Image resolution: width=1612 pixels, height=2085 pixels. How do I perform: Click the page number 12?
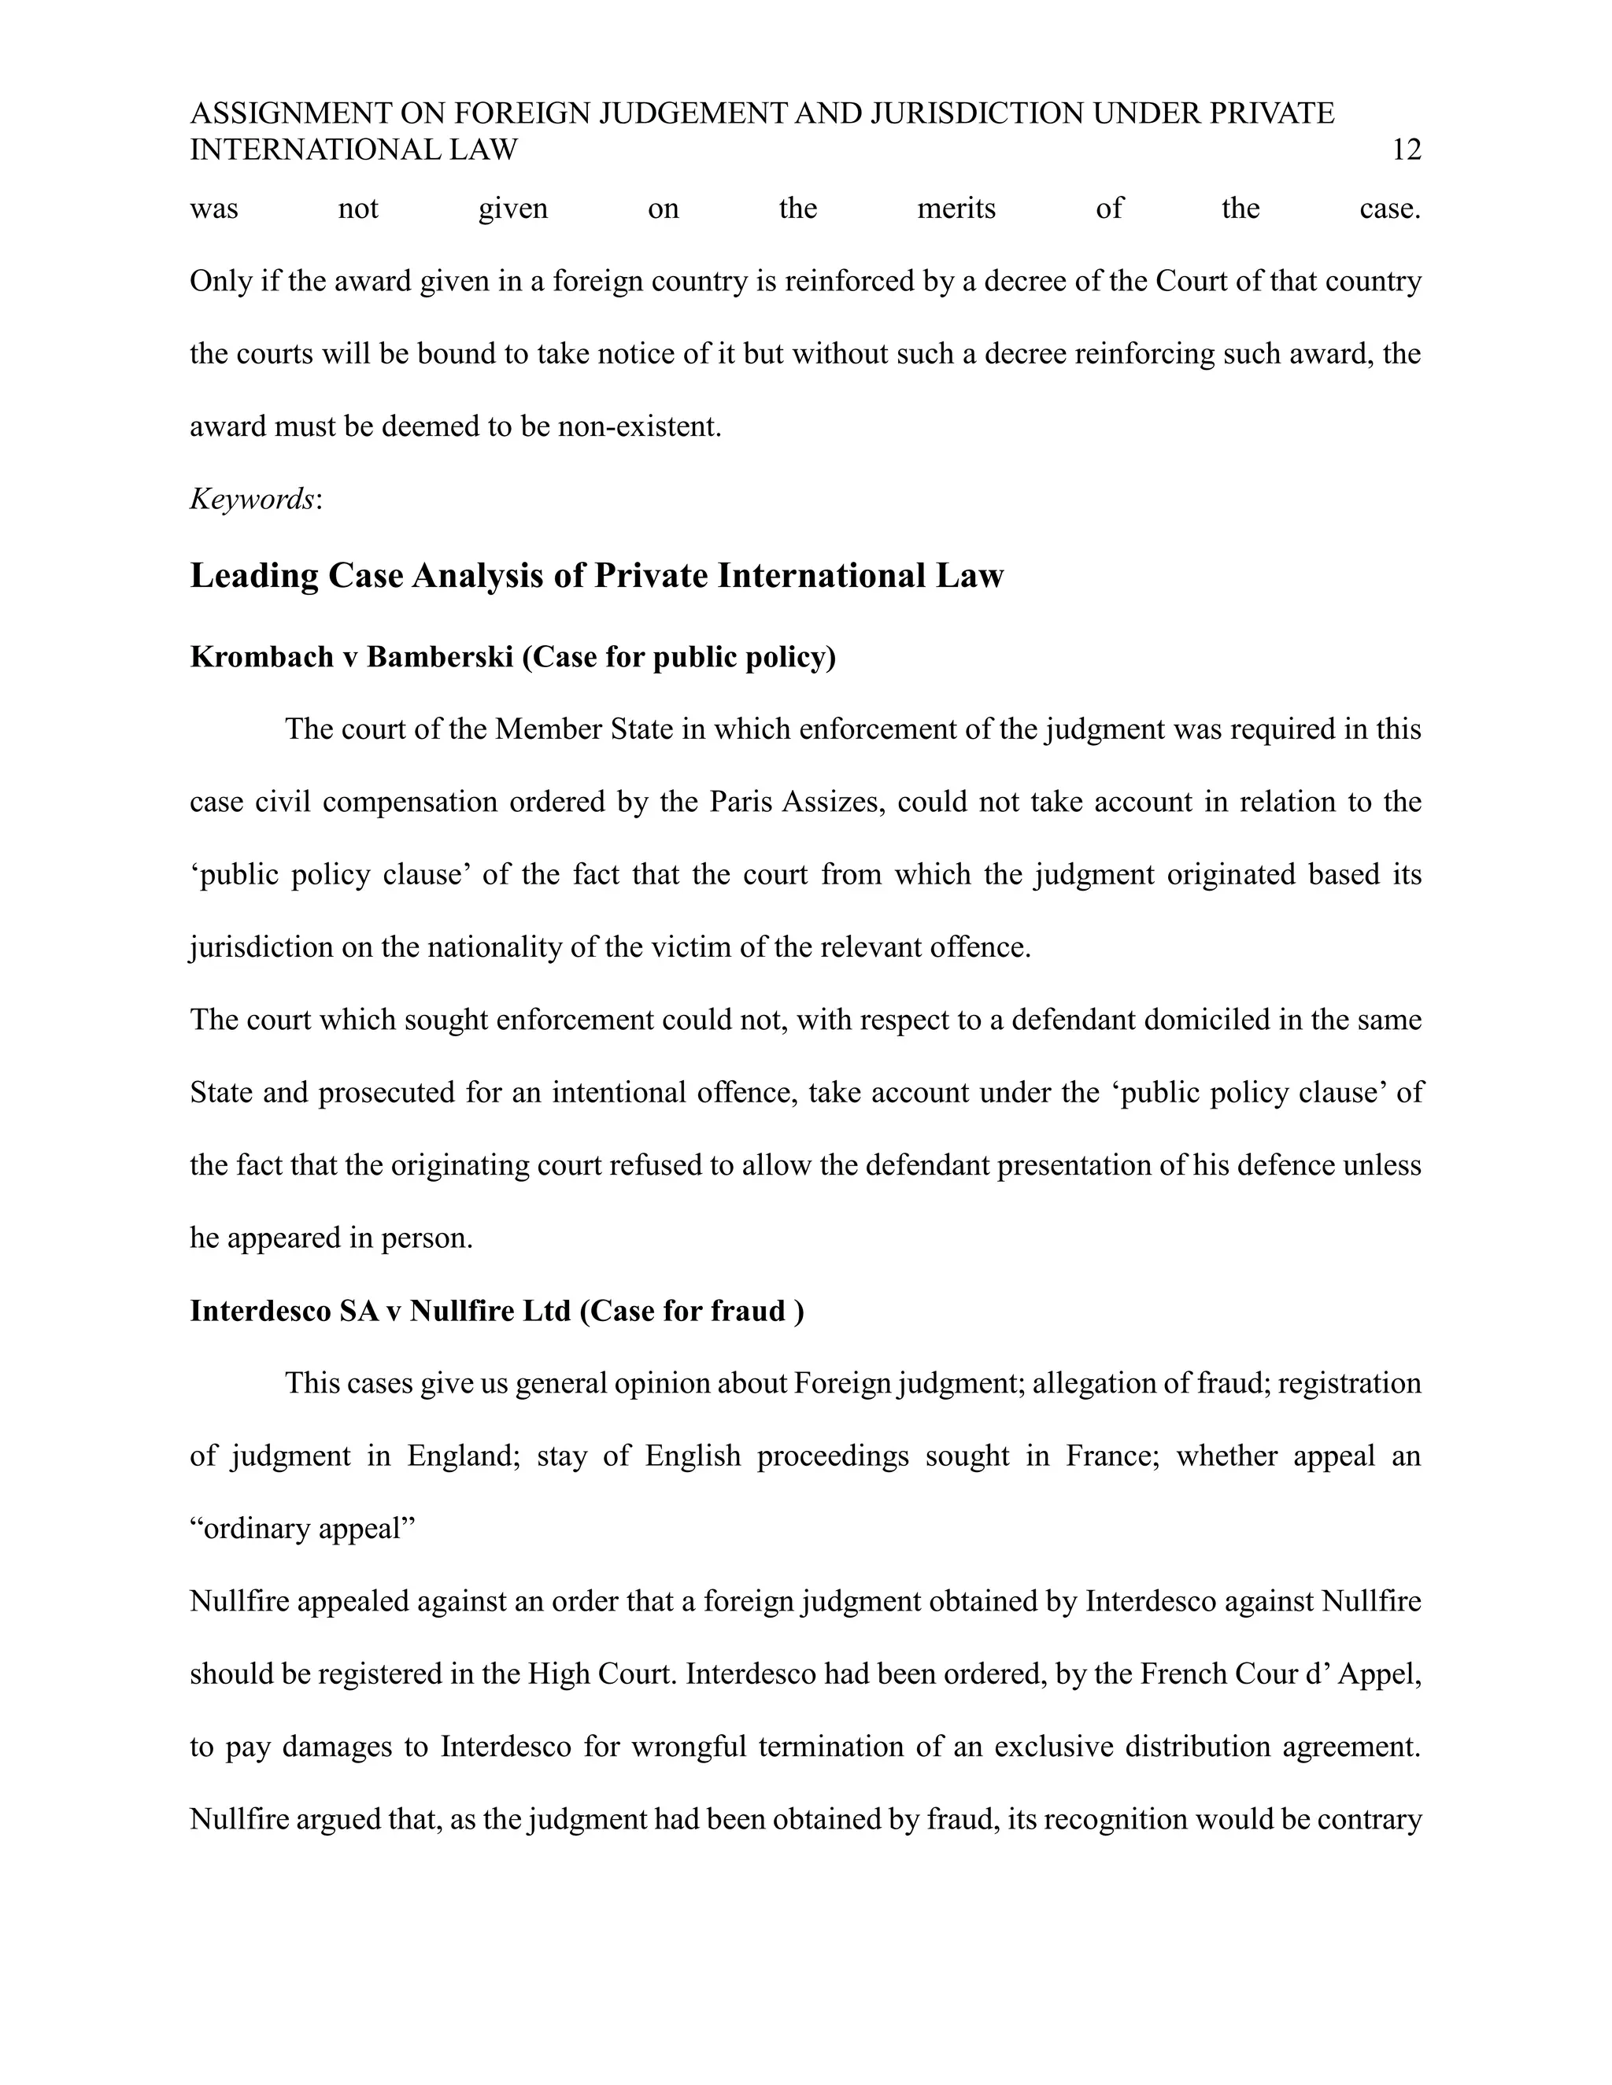pos(1407,149)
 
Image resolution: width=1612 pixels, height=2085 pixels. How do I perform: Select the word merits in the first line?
pos(956,208)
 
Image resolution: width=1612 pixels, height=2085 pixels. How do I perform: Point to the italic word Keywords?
pos(252,498)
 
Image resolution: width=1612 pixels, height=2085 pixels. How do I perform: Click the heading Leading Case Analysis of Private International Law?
pos(597,576)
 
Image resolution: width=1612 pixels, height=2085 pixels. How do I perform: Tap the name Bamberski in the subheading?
pos(440,657)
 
